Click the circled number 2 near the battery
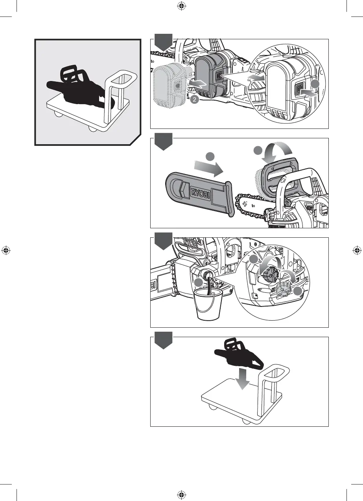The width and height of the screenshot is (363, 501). (x=193, y=100)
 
